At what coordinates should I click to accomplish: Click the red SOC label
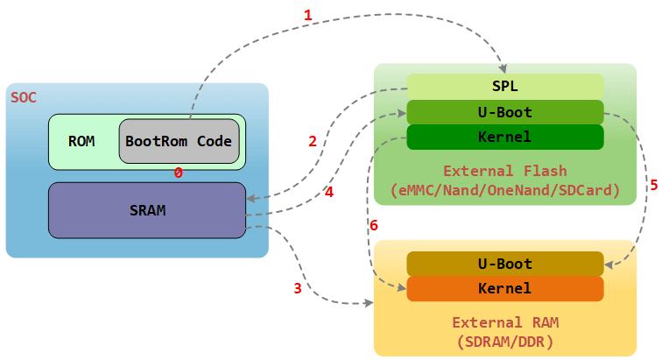(x=24, y=96)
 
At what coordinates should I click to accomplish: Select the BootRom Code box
(x=179, y=141)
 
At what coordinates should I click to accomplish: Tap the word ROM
(x=81, y=141)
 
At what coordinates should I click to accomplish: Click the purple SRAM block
(x=146, y=210)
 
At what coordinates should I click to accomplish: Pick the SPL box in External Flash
(x=505, y=87)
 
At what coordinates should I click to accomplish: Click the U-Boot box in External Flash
(x=505, y=112)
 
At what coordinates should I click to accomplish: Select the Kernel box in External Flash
(x=505, y=138)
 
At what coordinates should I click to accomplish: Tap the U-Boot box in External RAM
(x=505, y=264)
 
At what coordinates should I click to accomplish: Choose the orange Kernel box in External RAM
(x=505, y=288)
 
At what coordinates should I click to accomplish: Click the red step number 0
(x=178, y=173)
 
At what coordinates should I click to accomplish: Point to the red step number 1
(x=307, y=15)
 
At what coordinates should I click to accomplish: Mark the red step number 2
(x=312, y=141)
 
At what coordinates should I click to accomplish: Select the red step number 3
(x=298, y=288)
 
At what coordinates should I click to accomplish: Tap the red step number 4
(x=329, y=192)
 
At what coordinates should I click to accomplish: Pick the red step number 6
(x=374, y=225)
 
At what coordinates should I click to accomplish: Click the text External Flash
(x=505, y=171)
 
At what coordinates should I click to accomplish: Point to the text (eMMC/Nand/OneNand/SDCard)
(x=505, y=189)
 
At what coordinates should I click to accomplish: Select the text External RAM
(x=505, y=322)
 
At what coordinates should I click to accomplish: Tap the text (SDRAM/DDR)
(x=505, y=341)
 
